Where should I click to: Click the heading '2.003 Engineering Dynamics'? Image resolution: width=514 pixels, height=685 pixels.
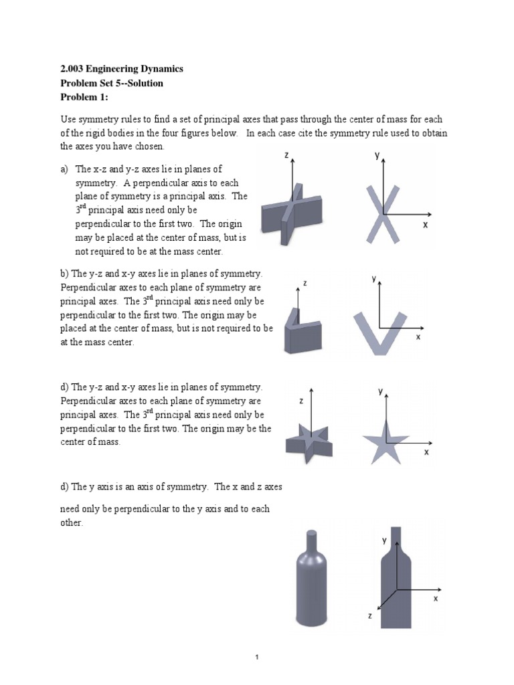point(121,69)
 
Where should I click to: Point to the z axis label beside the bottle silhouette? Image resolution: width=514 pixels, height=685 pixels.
point(369,617)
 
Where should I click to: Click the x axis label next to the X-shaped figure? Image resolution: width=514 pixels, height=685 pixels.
point(425,225)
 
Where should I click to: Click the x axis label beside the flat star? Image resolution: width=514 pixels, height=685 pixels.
point(426,452)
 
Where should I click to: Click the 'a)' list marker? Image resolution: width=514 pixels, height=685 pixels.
point(65,169)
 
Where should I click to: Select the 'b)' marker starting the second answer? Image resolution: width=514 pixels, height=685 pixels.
point(65,274)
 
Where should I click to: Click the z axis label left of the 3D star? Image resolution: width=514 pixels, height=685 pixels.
point(301,401)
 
